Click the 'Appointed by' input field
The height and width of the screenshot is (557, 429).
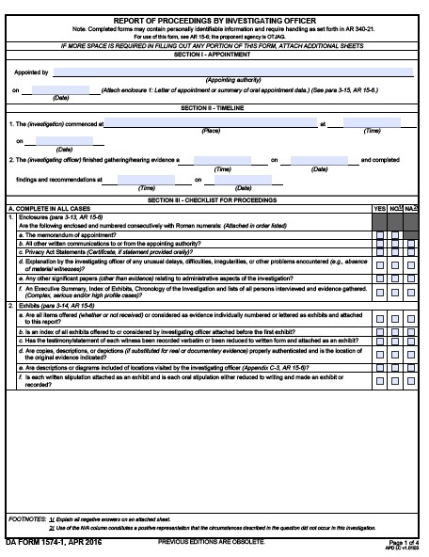[233, 72]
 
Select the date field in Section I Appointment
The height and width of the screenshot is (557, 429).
[61, 89]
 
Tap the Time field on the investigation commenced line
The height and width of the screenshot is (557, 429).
[372, 123]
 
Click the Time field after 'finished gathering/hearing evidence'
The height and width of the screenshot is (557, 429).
[223, 161]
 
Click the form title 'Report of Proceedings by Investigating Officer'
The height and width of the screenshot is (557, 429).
[214, 20]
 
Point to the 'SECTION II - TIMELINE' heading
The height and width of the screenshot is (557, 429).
[214, 108]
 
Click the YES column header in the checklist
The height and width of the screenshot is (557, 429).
[380, 207]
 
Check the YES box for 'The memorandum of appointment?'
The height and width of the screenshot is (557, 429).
[380, 233]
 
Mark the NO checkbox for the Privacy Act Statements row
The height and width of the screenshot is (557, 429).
[396, 250]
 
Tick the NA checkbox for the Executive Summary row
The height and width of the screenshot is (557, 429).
[412, 294]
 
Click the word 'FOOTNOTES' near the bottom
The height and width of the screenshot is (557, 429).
[25, 518]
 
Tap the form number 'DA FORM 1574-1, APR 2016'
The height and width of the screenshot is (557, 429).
[52, 543]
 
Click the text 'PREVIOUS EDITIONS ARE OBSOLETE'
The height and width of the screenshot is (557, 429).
[212, 543]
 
